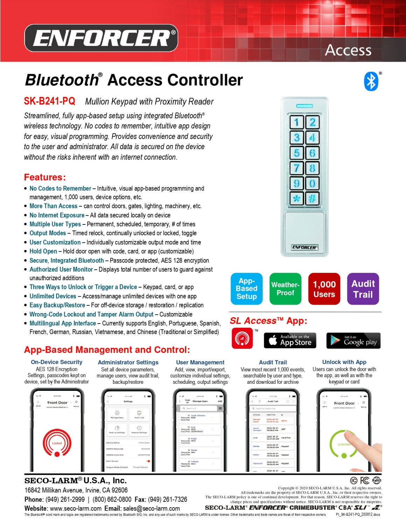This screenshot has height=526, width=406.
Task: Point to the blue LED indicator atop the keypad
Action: click(x=304, y=106)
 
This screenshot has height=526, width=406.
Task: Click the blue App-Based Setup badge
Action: click(x=246, y=289)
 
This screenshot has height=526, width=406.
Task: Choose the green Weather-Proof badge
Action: click(x=285, y=289)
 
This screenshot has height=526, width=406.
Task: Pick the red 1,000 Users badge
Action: click(x=324, y=289)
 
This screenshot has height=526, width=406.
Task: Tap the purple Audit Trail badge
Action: click(x=363, y=289)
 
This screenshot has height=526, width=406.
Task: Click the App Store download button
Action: click(x=290, y=340)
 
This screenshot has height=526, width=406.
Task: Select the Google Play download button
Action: click(x=353, y=340)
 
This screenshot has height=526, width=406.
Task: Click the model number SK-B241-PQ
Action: click(x=49, y=101)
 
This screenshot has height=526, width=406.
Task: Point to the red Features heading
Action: click(x=44, y=177)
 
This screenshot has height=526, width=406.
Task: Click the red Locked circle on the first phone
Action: click(x=57, y=443)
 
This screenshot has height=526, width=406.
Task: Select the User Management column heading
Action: click(x=200, y=362)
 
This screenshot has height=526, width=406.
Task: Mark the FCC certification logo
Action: click(x=364, y=480)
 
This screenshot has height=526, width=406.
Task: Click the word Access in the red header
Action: click(x=348, y=50)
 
